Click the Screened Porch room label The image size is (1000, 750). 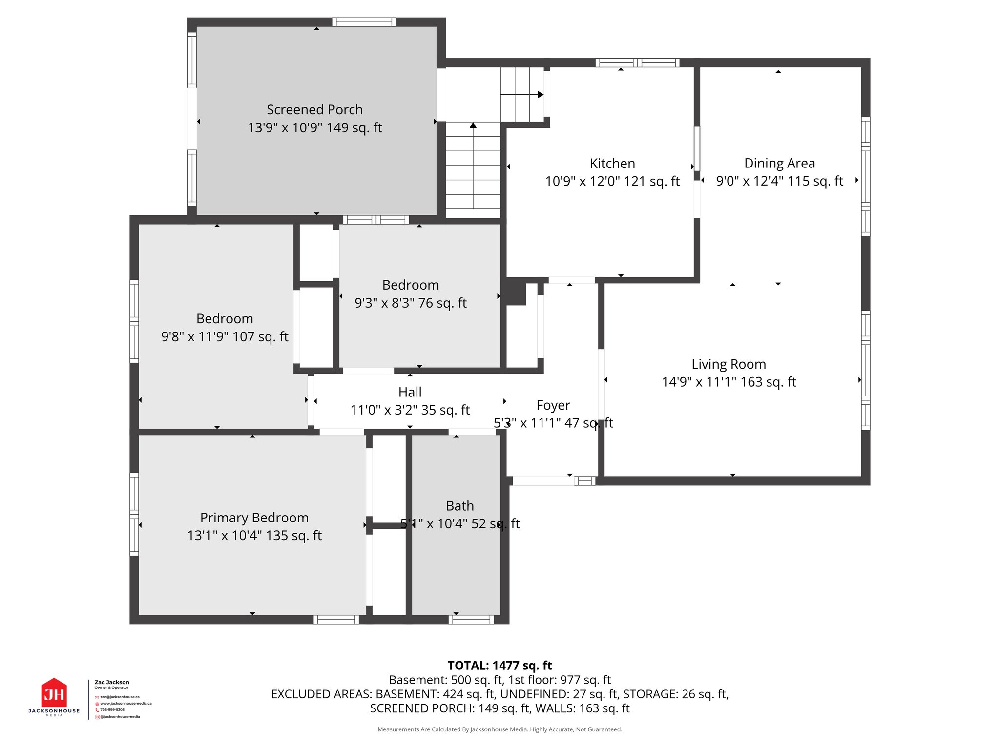[314, 109]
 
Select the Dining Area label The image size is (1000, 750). [779, 163]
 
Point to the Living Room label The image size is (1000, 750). [729, 364]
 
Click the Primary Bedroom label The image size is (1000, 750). [254, 518]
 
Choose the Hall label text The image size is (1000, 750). [410, 392]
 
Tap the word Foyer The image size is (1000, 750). [553, 405]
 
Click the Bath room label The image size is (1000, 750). [459, 506]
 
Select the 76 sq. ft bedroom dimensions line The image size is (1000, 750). [410, 303]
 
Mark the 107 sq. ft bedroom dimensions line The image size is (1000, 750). [225, 337]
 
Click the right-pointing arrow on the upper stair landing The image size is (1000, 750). [540, 95]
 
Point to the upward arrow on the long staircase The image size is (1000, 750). [473, 126]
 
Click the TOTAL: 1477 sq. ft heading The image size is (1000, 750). [500, 666]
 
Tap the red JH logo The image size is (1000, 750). [54, 693]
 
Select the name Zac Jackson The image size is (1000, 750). [112, 682]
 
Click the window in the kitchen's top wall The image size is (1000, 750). [637, 62]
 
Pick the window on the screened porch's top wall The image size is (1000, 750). [364, 22]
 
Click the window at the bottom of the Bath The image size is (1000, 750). [471, 620]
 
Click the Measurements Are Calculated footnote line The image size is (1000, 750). [500, 729]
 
